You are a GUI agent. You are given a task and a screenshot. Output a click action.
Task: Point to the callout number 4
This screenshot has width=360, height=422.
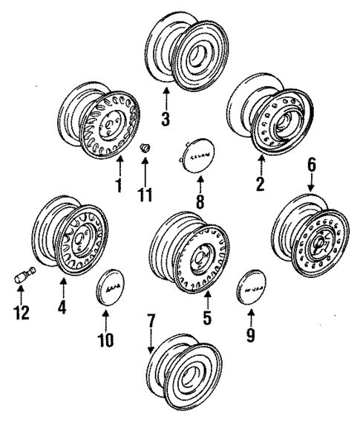pos(62,306)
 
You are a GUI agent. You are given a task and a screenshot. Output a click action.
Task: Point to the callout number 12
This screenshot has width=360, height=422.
pos(22,311)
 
